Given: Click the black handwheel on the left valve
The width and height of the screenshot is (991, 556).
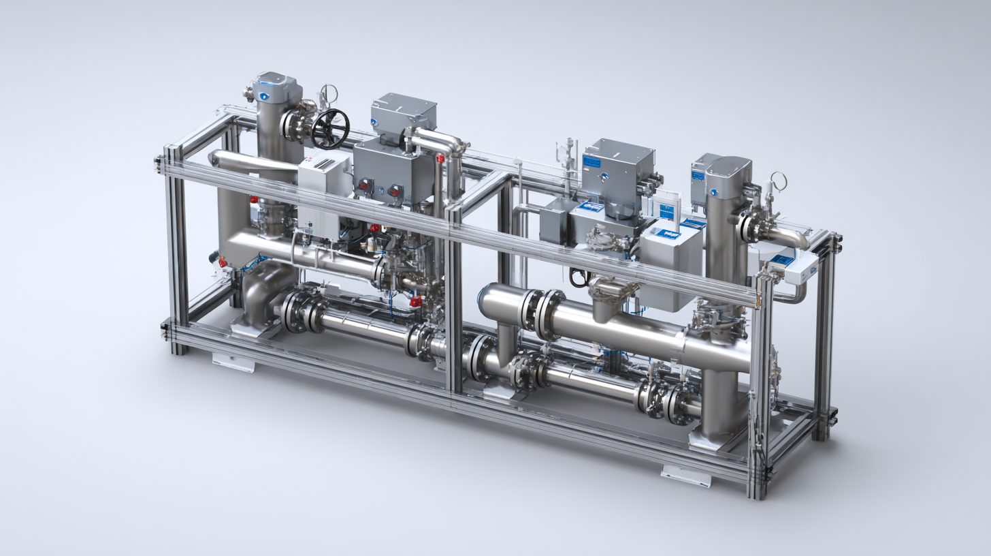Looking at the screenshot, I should pos(330,128).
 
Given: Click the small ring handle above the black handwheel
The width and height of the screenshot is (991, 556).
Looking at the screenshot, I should pos(329,94).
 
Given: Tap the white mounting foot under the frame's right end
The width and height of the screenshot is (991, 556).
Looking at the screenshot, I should pos(685,476).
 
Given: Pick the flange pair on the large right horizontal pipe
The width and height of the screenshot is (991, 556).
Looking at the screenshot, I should pos(542,313).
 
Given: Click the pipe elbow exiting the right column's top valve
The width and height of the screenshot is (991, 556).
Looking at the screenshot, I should pos(790,237).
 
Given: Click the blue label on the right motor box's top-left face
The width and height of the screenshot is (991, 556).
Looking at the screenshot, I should pos(591,161).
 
